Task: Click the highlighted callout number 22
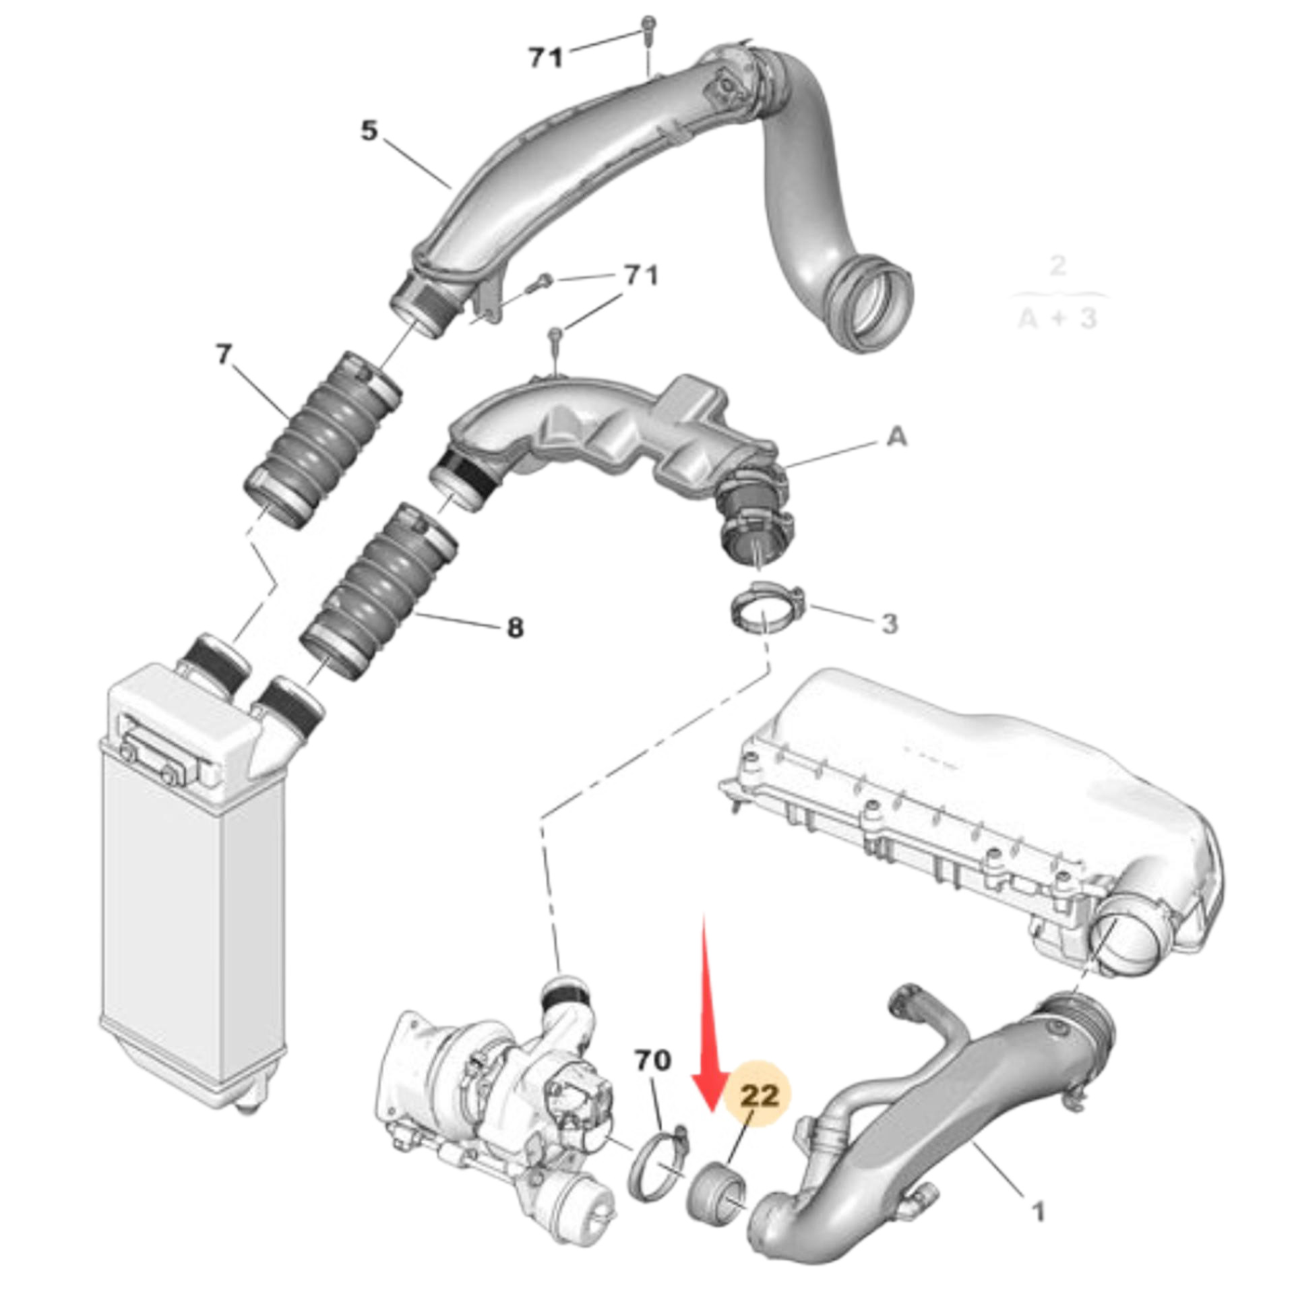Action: click(x=760, y=1096)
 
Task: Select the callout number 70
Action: click(x=653, y=1061)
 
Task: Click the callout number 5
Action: click(x=369, y=131)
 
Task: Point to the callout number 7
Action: click(x=224, y=354)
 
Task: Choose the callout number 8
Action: click(x=514, y=628)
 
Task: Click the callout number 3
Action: click(x=890, y=623)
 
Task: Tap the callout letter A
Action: click(x=896, y=438)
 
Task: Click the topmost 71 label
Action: click(x=545, y=59)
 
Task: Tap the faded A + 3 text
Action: click(x=1057, y=318)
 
